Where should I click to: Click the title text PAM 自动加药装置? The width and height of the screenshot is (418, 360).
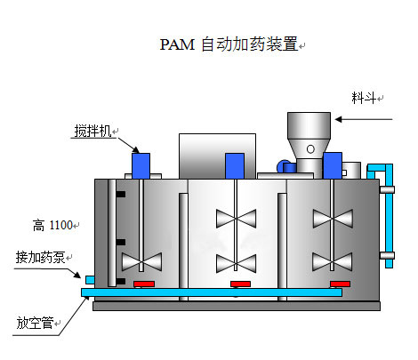point(229,44)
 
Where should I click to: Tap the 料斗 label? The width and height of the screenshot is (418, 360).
point(364,98)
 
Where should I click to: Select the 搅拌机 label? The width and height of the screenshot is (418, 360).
point(92,131)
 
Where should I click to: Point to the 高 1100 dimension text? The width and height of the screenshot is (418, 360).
point(52,226)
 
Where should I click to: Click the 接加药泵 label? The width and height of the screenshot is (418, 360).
point(40,257)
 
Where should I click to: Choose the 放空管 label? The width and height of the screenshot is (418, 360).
point(35,323)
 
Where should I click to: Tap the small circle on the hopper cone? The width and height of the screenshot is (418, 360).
point(310,149)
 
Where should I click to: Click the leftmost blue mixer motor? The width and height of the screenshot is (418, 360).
point(141,166)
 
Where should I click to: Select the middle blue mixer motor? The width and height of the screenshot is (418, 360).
point(235,166)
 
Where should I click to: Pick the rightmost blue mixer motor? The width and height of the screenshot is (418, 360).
point(333,165)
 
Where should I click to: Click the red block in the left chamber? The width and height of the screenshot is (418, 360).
point(144,284)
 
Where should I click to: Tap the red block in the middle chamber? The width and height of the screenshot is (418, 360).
point(240,284)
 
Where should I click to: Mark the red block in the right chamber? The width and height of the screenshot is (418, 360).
point(340,284)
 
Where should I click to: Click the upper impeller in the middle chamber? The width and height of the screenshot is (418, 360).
point(236,219)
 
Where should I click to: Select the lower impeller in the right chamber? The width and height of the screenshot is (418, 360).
point(333,262)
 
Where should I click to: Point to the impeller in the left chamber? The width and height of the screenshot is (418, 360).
point(141,262)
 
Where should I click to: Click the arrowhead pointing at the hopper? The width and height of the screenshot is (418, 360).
point(339,119)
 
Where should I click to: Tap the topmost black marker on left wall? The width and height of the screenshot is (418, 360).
point(120,195)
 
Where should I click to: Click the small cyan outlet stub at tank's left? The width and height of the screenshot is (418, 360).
point(90,280)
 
